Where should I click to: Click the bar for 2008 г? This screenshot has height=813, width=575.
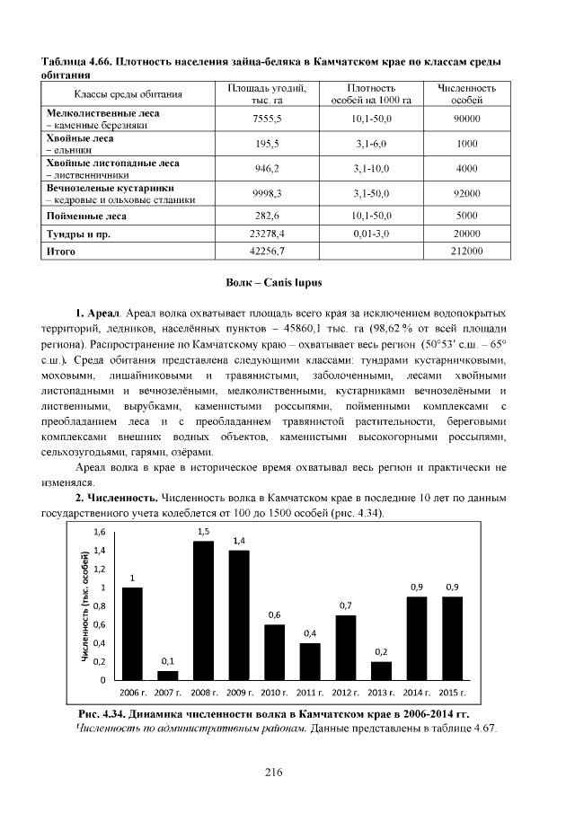click(x=203, y=610)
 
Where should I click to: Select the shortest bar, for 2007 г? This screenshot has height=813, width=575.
click(x=168, y=675)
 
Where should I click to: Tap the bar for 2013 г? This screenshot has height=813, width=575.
click(x=381, y=670)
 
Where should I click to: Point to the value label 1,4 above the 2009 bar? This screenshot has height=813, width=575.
click(x=239, y=540)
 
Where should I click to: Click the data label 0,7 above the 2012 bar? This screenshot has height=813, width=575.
click(x=346, y=605)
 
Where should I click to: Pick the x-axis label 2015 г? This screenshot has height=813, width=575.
click(x=453, y=694)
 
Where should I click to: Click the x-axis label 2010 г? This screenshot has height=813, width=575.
click(x=275, y=694)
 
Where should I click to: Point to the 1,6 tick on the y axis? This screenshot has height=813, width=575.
click(x=100, y=532)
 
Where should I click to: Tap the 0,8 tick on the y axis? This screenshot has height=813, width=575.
click(x=100, y=606)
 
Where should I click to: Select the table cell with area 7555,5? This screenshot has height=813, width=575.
click(x=268, y=119)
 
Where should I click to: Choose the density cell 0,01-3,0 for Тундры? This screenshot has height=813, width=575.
click(x=370, y=234)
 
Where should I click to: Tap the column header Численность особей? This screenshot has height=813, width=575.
click(x=467, y=93)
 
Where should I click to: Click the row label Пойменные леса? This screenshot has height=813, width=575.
click(x=86, y=217)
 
